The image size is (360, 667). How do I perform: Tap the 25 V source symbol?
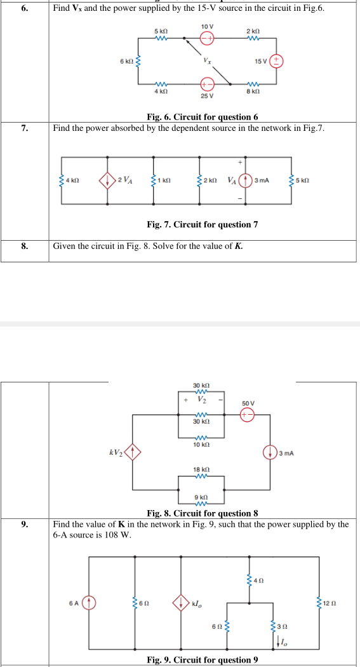pyautogui.click(x=207, y=84)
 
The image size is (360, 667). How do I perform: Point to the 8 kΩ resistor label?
pyautogui.click(x=253, y=94)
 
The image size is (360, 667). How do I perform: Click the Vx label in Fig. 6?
pyautogui.click(x=208, y=62)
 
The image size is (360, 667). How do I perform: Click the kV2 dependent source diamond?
pyautogui.click(x=132, y=453)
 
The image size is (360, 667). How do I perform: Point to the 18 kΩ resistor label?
pyautogui.click(x=200, y=469)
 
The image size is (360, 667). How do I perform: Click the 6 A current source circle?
pyautogui.click(x=90, y=601)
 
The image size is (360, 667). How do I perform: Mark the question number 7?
pyautogui.click(x=24, y=128)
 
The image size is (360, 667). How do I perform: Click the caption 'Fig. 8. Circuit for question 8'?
pyautogui.click(x=202, y=513)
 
